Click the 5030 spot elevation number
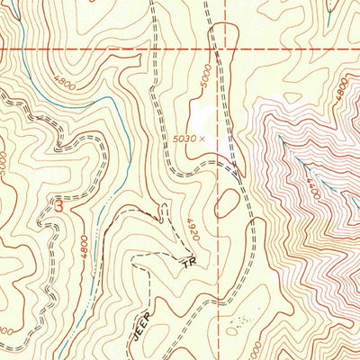click(x=185, y=138)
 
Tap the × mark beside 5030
click(x=203, y=138)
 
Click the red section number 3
click(x=59, y=206)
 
